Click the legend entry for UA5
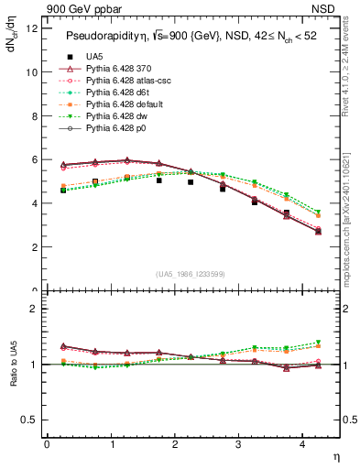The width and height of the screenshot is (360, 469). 94,58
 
